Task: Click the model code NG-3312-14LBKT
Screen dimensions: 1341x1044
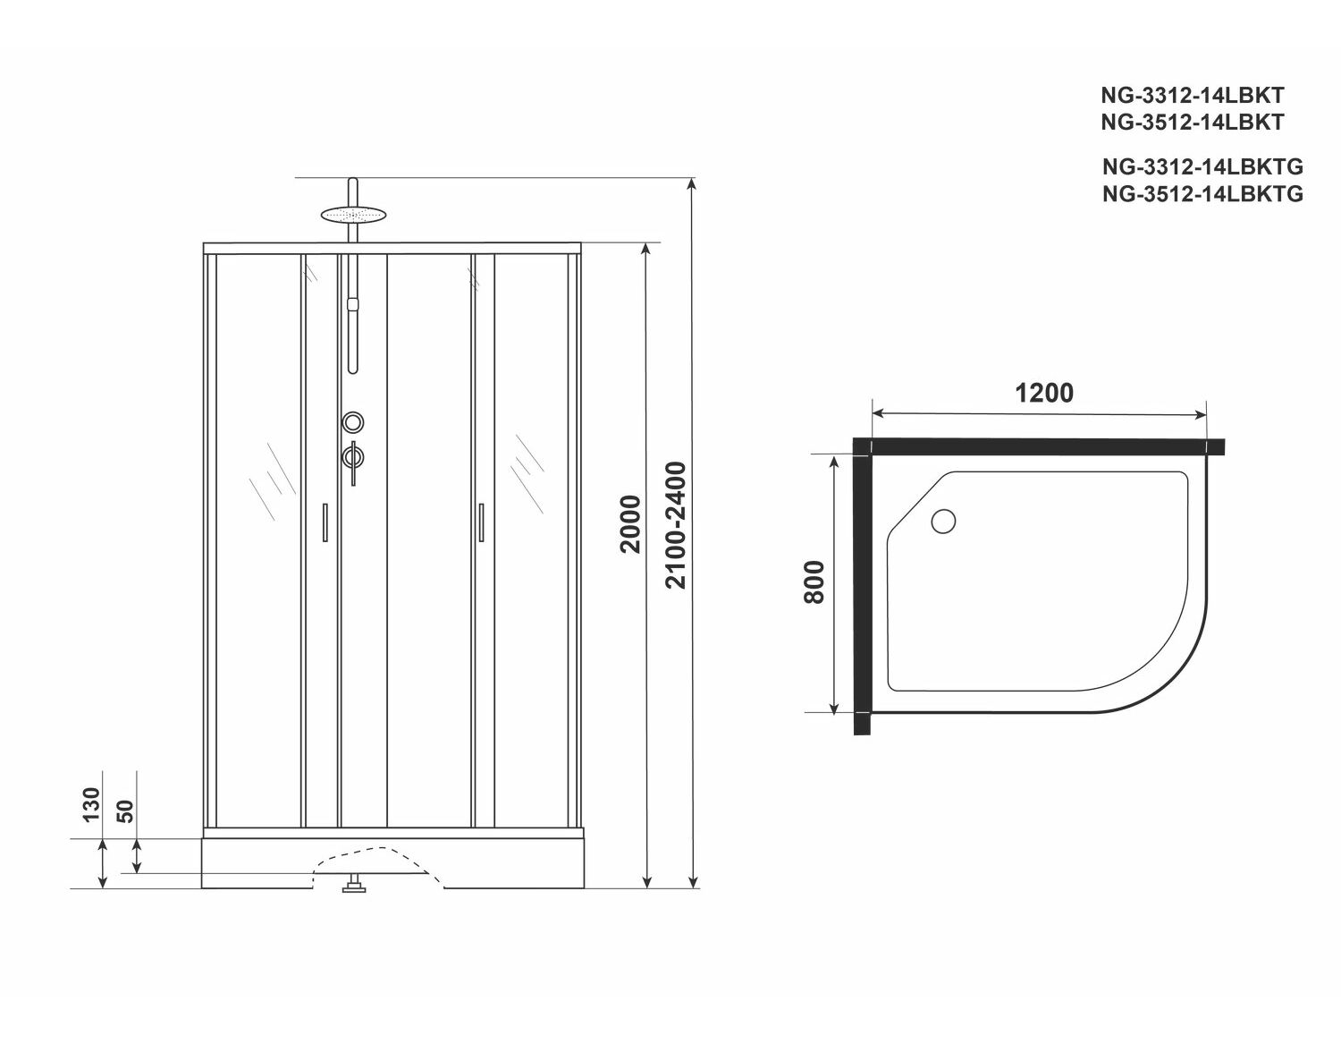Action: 1193,95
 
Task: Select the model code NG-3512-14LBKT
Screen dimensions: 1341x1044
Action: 1193,123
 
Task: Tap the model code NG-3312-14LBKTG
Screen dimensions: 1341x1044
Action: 1202,166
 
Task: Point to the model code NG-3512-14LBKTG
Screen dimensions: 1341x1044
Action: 1202,194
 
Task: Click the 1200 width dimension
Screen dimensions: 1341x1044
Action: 1044,393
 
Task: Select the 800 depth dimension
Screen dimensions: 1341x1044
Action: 814,582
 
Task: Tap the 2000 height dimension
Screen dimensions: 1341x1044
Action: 630,524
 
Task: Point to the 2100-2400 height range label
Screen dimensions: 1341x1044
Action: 677,525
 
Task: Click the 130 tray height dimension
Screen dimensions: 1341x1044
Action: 91,804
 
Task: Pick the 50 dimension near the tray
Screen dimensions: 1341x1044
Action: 125,811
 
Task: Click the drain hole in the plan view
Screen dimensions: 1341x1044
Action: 943,521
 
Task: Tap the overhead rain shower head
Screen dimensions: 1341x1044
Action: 353,214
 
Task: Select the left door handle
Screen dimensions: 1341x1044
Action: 325,522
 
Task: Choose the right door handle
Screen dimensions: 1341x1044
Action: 481,522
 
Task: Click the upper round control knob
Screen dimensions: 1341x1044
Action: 353,422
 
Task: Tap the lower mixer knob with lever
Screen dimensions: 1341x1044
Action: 353,458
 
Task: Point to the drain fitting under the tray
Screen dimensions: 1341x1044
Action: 354,884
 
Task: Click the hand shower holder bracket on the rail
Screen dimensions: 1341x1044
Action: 353,304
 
